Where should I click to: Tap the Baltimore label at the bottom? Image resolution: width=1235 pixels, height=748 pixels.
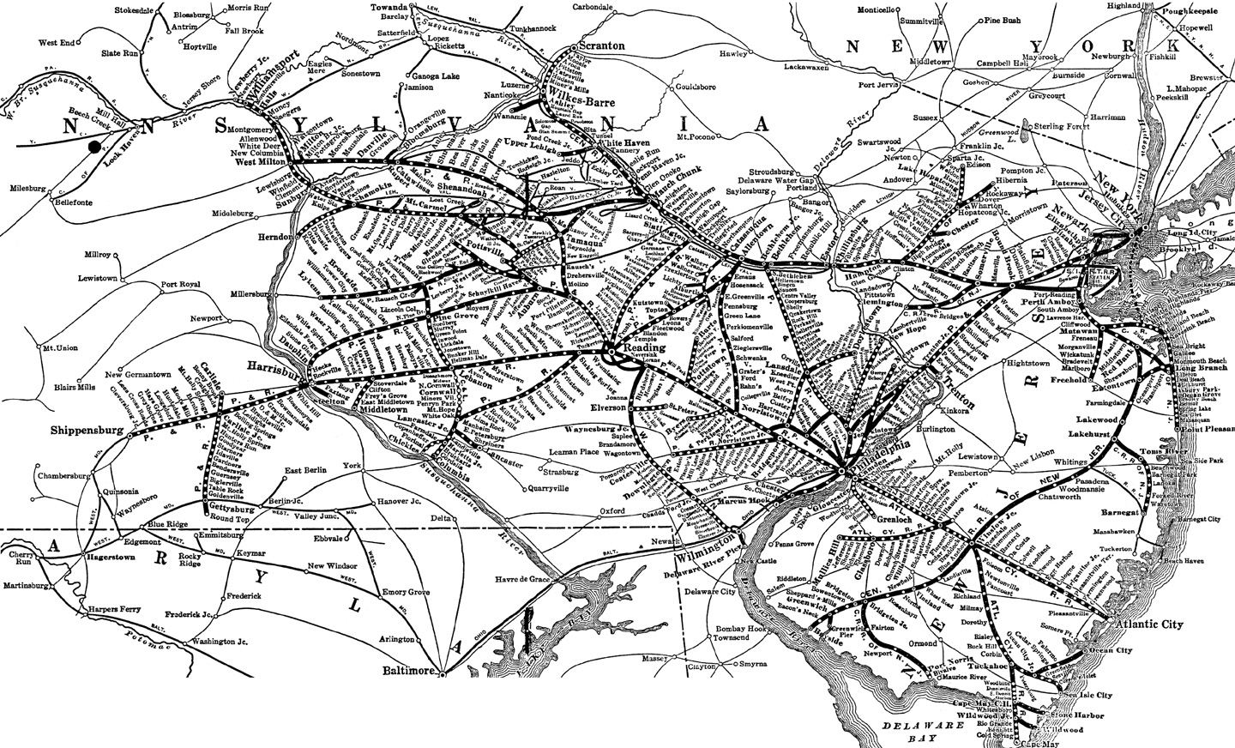[406, 668]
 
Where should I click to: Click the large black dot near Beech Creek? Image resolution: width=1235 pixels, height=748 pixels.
[93, 148]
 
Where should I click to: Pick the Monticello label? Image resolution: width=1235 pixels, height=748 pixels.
[877, 10]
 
